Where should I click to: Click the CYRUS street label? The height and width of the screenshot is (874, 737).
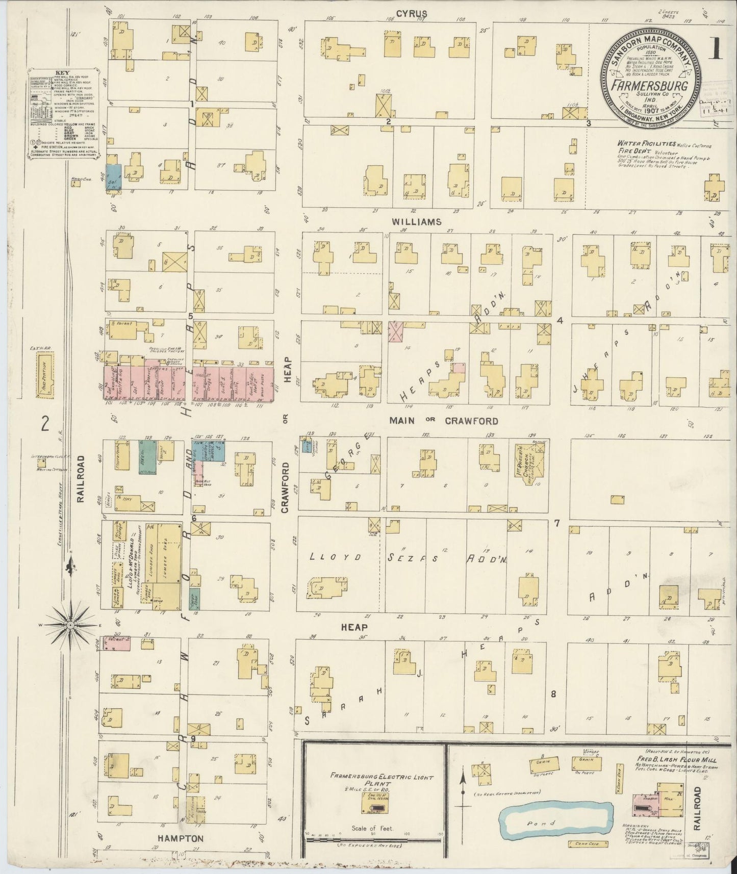414,13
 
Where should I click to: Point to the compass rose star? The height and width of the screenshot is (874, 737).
70,624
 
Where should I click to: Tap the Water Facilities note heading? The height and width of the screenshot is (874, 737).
641,144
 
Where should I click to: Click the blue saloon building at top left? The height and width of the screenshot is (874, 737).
113,177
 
